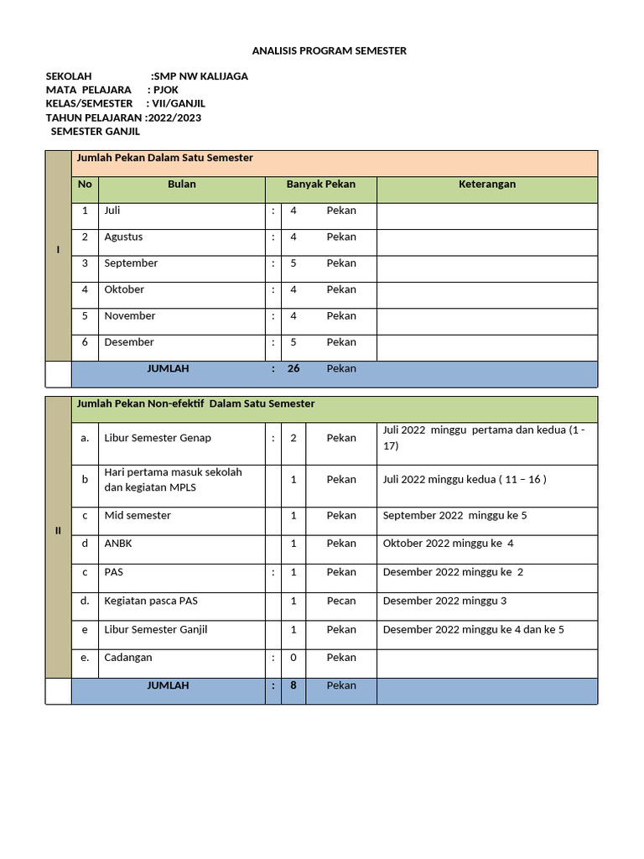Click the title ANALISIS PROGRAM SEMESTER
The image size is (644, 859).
(329, 51)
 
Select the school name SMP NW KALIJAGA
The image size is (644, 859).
(200, 76)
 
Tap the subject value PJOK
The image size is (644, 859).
(166, 90)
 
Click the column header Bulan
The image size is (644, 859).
(181, 185)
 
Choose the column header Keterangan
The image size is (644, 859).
(486, 185)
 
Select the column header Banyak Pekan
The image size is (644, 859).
(320, 185)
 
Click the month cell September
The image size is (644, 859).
(131, 263)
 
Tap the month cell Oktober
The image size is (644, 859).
(124, 289)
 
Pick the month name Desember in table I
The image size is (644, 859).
(129, 342)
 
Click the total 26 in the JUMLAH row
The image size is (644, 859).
(293, 368)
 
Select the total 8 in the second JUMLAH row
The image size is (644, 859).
(293, 685)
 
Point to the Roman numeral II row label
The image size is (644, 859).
(58, 531)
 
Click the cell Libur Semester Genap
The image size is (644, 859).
(158, 438)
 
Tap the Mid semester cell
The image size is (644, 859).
(138, 516)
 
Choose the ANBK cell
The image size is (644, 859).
(118, 544)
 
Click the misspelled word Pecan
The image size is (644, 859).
(341, 601)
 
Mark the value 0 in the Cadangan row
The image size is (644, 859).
(293, 658)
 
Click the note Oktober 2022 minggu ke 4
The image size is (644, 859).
(448, 544)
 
